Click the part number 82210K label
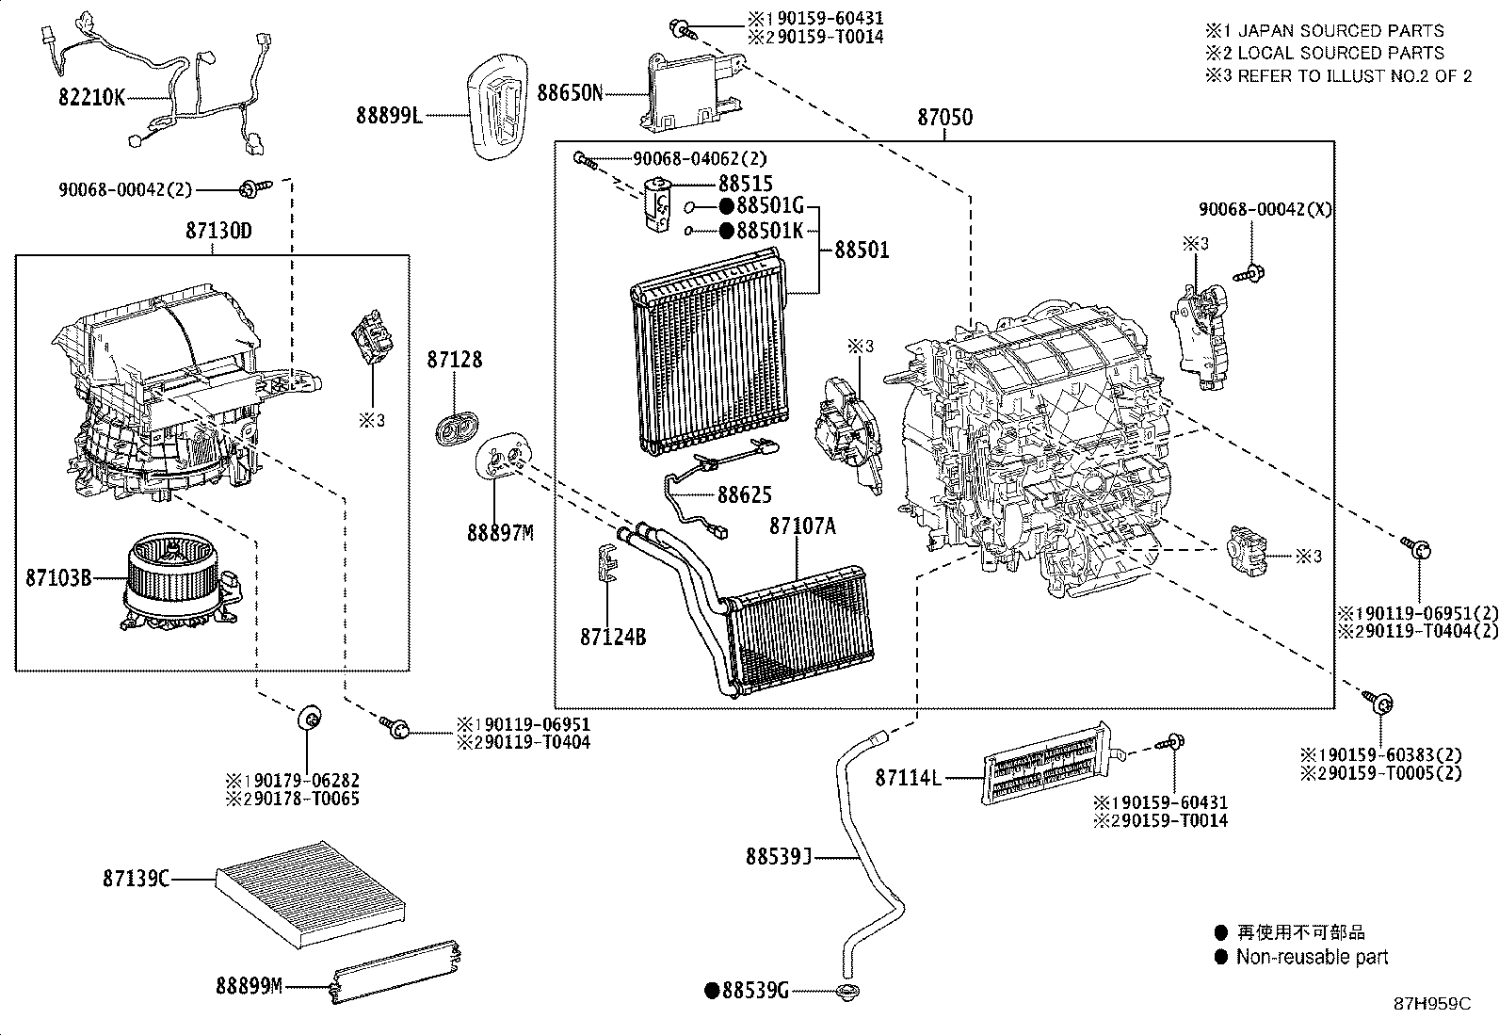click(x=91, y=97)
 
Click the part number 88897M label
click(x=500, y=533)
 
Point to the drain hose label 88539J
click(x=778, y=856)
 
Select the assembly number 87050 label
click(x=945, y=118)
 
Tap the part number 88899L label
click(x=387, y=115)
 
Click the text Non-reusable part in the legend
click(x=1312, y=957)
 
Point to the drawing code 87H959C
click(x=1431, y=1004)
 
